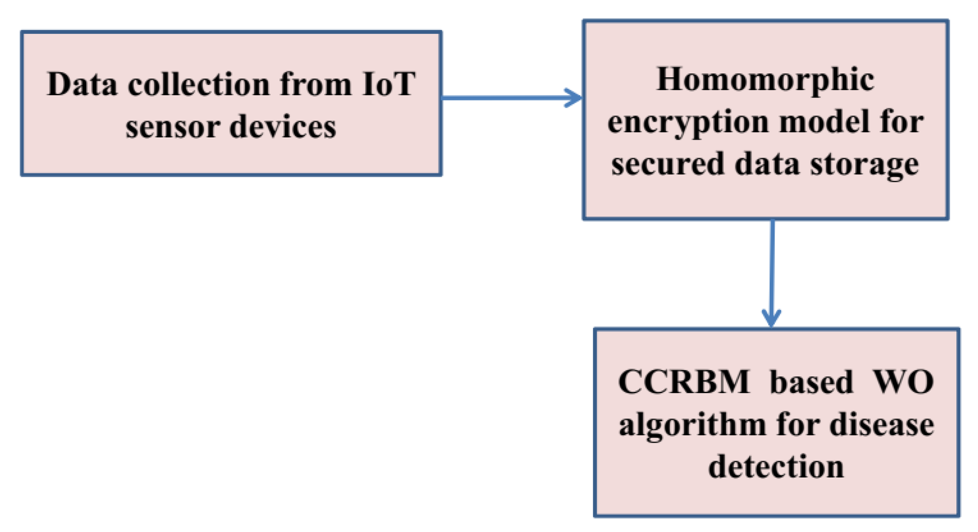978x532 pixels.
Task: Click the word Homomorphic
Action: click(x=765, y=80)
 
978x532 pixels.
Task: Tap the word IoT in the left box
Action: click(x=389, y=84)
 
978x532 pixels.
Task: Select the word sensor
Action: click(x=173, y=127)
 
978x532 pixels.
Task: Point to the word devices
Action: click(x=283, y=127)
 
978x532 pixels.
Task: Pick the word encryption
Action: click(x=688, y=123)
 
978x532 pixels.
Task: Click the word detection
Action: click(x=776, y=467)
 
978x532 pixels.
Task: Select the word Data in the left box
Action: click(x=82, y=84)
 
